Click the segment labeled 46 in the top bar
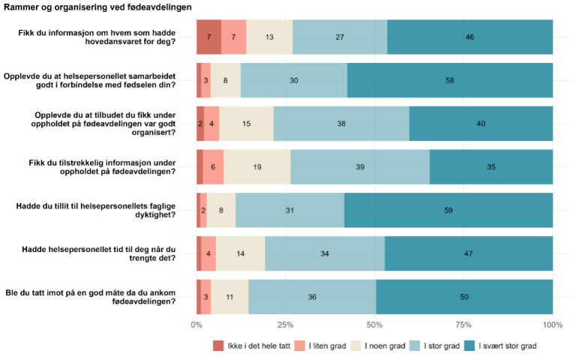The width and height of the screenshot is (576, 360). [x=469, y=37]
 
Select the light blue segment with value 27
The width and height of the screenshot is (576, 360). [x=340, y=37]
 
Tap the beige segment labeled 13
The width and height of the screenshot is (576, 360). [x=269, y=37]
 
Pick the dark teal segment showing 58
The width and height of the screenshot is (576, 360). [x=450, y=80]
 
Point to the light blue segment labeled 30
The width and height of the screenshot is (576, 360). [x=294, y=80]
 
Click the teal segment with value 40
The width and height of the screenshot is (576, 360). [x=481, y=124]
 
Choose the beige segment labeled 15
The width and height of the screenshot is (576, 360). [x=247, y=124]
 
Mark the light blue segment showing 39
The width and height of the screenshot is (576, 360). [x=360, y=167]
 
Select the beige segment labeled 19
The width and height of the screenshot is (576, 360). [x=257, y=167]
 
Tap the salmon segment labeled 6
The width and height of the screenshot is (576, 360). [x=213, y=167]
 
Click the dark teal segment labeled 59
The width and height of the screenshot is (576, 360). [x=448, y=211]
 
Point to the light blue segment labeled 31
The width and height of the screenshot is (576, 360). [x=289, y=211]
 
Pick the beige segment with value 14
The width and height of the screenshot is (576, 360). [x=240, y=253]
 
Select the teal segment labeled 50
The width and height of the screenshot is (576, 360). [x=464, y=297]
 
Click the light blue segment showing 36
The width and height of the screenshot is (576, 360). [x=312, y=297]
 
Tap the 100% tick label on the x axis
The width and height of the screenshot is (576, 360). [x=553, y=325]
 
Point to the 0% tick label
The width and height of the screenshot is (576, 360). [x=196, y=325]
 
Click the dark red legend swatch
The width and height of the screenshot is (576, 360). [x=218, y=345]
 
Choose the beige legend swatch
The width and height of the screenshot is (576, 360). [x=356, y=345]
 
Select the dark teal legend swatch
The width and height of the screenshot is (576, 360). [x=469, y=345]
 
